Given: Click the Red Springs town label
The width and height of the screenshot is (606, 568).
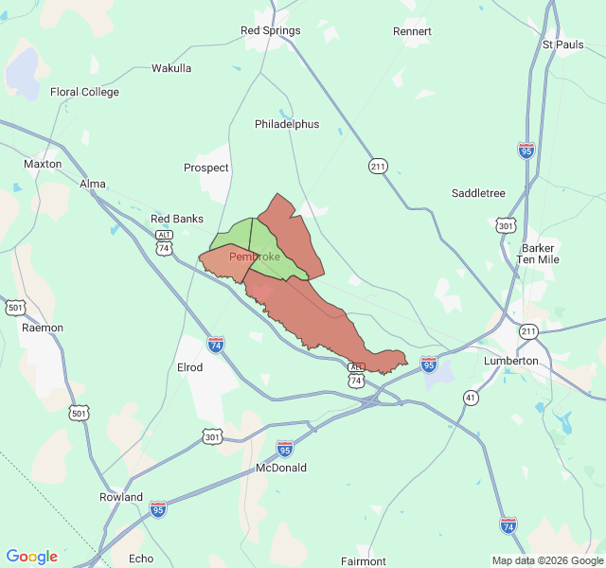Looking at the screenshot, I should click(x=271, y=30).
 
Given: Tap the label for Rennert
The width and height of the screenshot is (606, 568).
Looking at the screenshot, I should click(x=412, y=31).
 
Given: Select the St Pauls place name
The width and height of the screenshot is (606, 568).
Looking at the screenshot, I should click(x=562, y=44).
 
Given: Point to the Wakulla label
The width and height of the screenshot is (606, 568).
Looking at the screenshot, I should click(x=171, y=68).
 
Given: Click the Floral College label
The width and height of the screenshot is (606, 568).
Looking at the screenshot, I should click(x=84, y=92).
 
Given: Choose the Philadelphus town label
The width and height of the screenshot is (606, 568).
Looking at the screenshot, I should click(x=287, y=124).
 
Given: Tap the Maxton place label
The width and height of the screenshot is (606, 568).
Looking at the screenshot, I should click(x=43, y=164).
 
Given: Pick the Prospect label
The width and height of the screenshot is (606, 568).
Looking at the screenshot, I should click(x=206, y=168).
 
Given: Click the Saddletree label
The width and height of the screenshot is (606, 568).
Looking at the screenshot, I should click(x=478, y=193).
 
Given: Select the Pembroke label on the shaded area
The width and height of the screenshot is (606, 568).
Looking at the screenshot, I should click(x=255, y=257).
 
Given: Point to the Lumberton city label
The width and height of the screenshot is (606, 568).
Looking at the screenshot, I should click(x=511, y=361).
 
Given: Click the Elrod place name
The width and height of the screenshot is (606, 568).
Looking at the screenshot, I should click(x=189, y=367).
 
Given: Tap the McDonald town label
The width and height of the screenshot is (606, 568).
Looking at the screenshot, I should click(x=281, y=468).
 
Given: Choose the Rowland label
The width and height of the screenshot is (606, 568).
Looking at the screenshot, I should click(x=121, y=497).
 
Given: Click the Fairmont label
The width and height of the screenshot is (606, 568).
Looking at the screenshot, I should click(x=364, y=561).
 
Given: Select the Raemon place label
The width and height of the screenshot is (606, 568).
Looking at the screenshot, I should click(x=43, y=328).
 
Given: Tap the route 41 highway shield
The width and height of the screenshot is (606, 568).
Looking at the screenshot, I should click(x=471, y=399).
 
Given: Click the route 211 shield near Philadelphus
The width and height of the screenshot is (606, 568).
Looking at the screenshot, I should click(x=379, y=167).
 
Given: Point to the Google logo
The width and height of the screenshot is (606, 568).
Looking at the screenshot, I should click(x=31, y=557).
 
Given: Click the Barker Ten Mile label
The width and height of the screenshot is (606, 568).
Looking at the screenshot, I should click(x=538, y=254).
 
